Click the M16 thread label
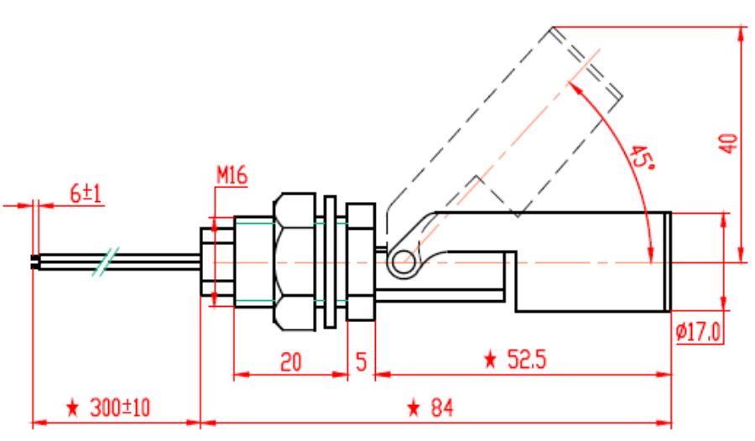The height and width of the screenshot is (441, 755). pos(232,176)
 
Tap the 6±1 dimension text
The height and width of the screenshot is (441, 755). pos(85,194)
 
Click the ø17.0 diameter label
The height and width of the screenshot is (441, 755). pos(698,333)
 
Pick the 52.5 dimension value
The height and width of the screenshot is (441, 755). pos(527,360)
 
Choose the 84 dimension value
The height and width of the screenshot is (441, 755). pos(441,408)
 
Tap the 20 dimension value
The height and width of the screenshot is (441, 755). pos(290,362)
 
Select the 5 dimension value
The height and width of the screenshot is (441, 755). pos(361,362)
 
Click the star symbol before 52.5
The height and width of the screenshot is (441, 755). pos(490,361)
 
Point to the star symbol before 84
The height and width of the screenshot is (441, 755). pos(413,408)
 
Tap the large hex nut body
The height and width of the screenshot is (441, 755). pos(293,260)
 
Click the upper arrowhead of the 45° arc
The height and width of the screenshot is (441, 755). pos(573,85)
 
